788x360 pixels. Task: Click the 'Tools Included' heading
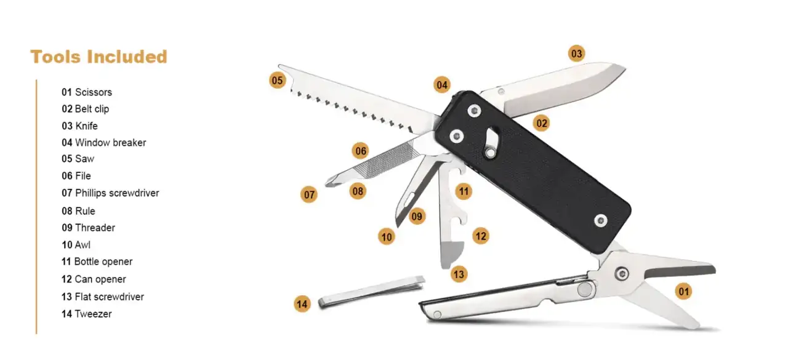99,57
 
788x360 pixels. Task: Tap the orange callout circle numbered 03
576,54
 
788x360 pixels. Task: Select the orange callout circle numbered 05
277,81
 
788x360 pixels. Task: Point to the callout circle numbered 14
302,304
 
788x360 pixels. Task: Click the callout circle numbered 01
683,292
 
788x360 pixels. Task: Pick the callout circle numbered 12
481,236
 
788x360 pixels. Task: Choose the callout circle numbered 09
417,216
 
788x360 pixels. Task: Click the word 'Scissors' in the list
94,92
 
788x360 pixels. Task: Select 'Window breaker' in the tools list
110,143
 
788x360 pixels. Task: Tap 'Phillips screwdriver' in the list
117,193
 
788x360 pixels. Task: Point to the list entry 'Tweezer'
93,314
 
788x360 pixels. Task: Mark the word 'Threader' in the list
95,228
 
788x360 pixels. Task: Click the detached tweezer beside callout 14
371,291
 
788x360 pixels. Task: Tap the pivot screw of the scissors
622,273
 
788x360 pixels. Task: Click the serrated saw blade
355,100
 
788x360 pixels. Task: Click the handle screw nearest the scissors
600,221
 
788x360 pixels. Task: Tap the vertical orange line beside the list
36,207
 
